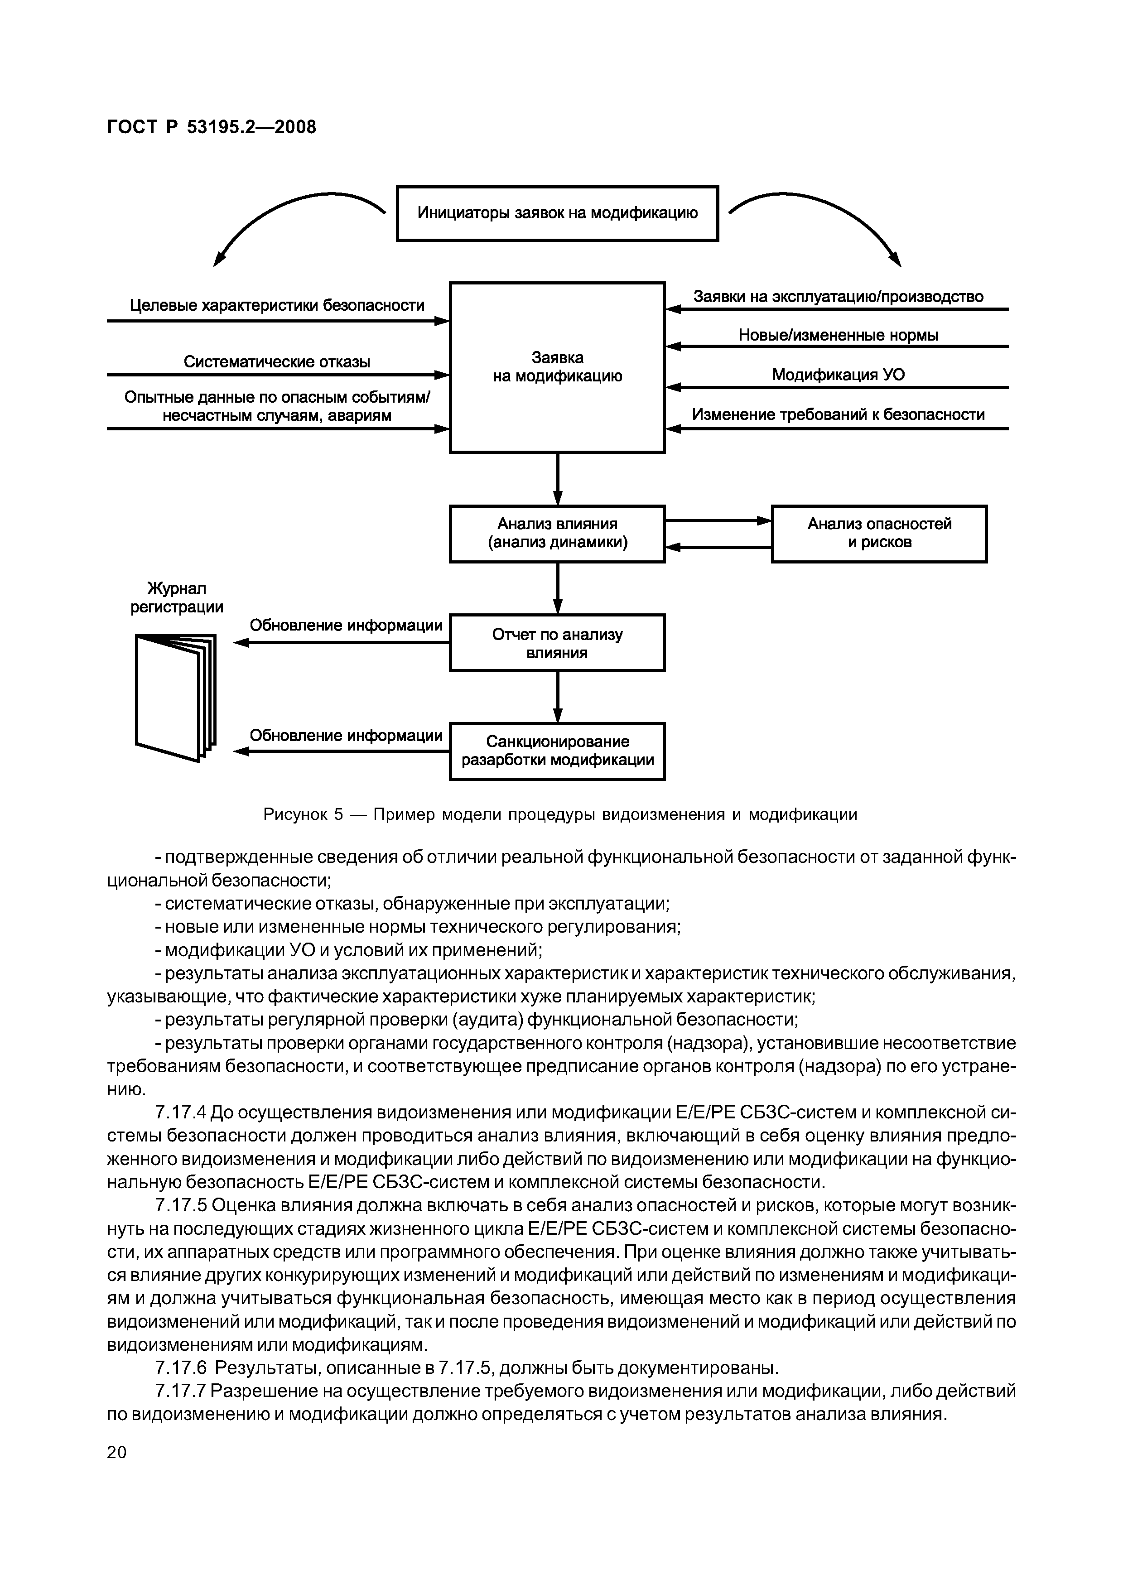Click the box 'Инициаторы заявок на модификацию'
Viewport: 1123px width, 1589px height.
click(557, 213)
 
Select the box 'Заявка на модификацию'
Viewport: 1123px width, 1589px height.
click(557, 367)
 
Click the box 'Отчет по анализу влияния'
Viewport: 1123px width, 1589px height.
click(557, 643)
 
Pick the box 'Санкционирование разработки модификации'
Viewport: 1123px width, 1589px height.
click(557, 751)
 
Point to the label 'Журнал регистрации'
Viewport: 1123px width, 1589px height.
click(177, 598)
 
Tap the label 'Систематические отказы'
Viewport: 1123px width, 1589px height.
click(277, 362)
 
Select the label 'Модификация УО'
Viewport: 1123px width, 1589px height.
click(838, 375)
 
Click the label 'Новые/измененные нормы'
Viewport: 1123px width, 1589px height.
click(838, 336)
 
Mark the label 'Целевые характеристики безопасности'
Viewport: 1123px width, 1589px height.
click(277, 305)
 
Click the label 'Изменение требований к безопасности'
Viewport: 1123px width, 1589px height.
click(838, 414)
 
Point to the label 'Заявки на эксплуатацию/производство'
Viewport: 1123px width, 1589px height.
click(838, 297)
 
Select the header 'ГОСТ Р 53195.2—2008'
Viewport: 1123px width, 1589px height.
click(212, 127)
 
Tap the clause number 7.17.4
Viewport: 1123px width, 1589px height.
click(181, 1113)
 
